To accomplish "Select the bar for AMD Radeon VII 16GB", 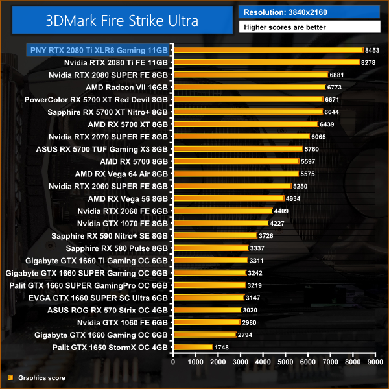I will click(x=250, y=87).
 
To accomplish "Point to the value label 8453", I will click(x=372, y=50).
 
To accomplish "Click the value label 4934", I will click(x=294, y=198).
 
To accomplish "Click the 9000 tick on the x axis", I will click(x=374, y=363).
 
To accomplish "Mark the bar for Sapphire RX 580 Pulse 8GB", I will click(x=211, y=248).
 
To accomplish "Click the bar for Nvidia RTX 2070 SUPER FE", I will click(x=241, y=137).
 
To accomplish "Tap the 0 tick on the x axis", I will click(x=173, y=363).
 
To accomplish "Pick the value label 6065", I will click(x=319, y=137).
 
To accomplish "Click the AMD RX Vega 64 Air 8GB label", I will click(x=121, y=174).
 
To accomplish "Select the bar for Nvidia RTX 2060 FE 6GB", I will click(x=222, y=211).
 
